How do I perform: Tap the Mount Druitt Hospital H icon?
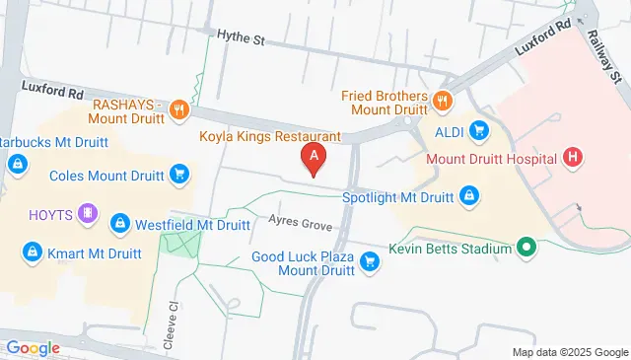point(573,158)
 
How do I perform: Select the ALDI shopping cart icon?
point(479,130)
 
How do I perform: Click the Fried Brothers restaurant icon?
point(443,99)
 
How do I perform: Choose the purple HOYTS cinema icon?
point(88,214)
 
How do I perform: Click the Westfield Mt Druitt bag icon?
point(119,224)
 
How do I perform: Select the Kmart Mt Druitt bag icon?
point(33,253)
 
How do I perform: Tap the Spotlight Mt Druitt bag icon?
point(469,196)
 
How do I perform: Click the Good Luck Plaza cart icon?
point(370,261)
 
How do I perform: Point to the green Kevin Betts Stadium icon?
point(526,249)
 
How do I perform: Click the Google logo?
point(33,347)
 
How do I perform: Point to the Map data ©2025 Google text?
point(569,352)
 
